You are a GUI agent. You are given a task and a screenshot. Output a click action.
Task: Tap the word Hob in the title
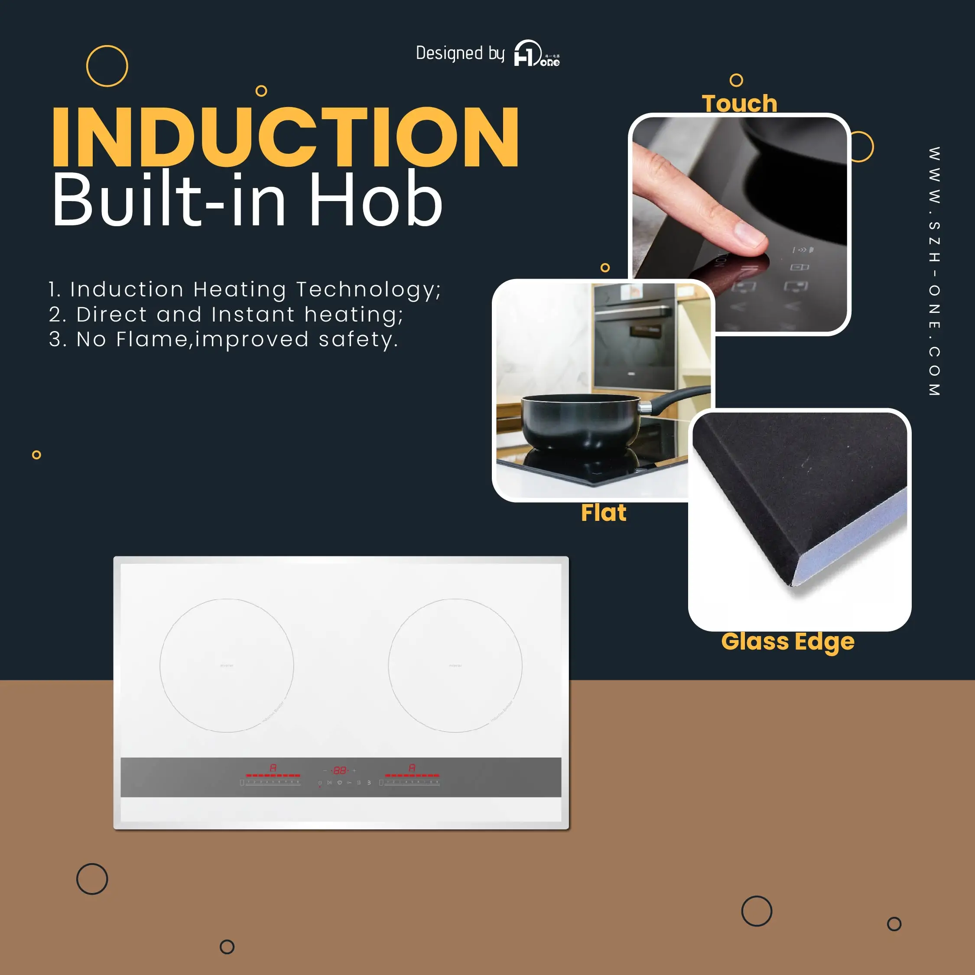pyautogui.click(x=376, y=199)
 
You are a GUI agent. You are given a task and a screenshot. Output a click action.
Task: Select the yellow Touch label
pyautogui.click(x=739, y=104)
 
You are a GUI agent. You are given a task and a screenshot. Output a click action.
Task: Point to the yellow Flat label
pyautogui.click(x=604, y=513)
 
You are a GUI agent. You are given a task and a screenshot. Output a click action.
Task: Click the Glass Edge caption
pyautogui.click(x=788, y=641)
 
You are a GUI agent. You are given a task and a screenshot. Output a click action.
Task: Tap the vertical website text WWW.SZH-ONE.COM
pyautogui.click(x=934, y=272)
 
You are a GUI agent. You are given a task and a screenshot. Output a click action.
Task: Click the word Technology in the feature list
pyautogui.click(x=368, y=289)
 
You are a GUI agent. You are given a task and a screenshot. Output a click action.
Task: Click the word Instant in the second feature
pyautogui.click(x=253, y=315)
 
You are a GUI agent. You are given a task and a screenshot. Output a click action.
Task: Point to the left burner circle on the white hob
pyautogui.click(x=227, y=665)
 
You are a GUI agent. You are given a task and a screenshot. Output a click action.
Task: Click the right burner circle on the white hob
pyautogui.click(x=455, y=665)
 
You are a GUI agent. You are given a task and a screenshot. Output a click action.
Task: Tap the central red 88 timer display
pyautogui.click(x=340, y=770)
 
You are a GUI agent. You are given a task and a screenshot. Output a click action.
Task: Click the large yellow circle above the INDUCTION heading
pyautogui.click(x=107, y=66)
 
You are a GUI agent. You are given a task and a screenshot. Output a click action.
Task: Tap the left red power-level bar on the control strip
pyautogui.click(x=273, y=775)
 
